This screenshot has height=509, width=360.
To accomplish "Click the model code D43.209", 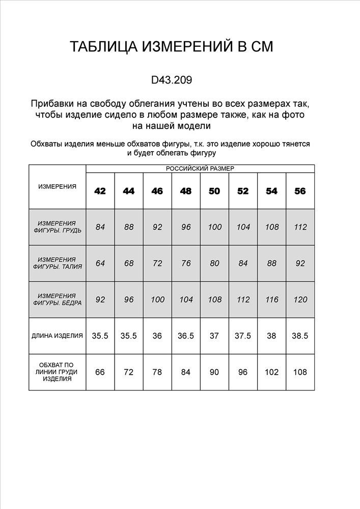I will coord(172,80).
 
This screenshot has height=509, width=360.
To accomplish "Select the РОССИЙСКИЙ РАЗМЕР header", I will coord(200,168).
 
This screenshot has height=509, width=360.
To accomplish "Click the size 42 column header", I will coord(100,191).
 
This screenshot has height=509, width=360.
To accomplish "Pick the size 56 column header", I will coord(300,191).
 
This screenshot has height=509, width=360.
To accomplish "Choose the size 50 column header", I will coord(214,191).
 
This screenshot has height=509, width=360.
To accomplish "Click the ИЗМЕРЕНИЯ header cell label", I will coord(57,186).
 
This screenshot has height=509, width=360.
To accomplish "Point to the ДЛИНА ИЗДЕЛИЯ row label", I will coord(57,336).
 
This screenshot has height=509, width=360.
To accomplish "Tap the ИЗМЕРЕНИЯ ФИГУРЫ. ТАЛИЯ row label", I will coord(57,263).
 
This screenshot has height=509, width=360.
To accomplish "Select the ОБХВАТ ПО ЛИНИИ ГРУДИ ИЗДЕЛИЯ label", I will coord(57,372).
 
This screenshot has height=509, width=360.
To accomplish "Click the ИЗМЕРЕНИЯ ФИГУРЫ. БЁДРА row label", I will coord(57,299).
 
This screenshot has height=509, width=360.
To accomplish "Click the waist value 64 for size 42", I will coord(100,263).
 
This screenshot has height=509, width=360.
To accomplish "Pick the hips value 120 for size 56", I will coord(300,300).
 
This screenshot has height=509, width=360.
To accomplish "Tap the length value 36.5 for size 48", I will coord(186,336).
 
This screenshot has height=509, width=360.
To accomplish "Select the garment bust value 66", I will coord(100,372).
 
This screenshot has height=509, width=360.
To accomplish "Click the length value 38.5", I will coord(300,336).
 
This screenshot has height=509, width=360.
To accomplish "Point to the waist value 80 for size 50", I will coord(214,263).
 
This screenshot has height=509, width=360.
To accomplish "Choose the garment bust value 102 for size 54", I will coord(272,372).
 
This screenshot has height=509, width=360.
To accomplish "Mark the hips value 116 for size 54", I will coord(272,300).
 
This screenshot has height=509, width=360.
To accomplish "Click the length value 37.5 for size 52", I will coord(243,336).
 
